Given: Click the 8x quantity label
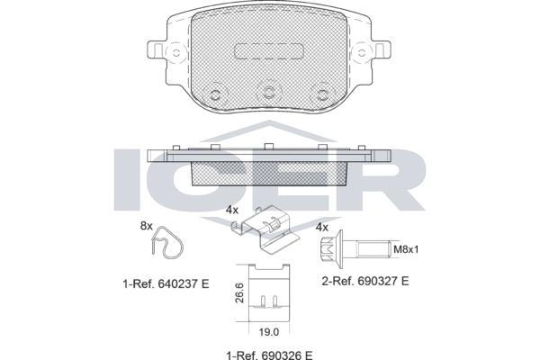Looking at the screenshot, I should [147, 226].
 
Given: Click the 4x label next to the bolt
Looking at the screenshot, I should [321, 228].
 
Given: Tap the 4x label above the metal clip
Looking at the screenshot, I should [232, 210].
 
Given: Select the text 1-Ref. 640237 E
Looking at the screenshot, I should [165, 283].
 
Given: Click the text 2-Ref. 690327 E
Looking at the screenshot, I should [364, 282].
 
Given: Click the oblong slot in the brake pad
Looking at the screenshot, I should [269, 52].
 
